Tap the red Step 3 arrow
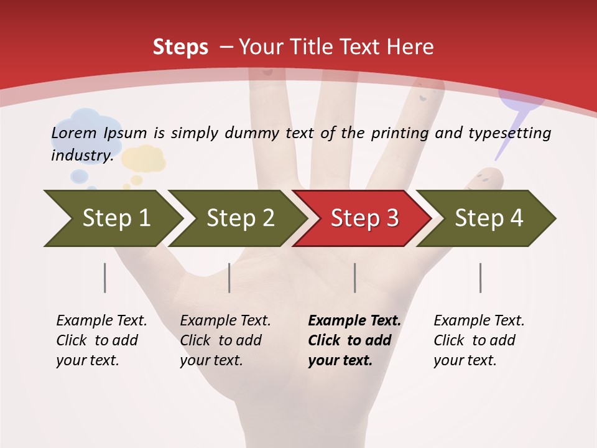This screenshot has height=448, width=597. [364, 218]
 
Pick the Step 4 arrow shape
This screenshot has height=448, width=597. [488, 218]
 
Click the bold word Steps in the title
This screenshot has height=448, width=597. [180, 47]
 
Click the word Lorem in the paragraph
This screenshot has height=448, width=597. [74, 133]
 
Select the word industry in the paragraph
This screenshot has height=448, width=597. [81, 155]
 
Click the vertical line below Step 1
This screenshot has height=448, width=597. [105, 278]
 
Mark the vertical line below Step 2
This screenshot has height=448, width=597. [229, 278]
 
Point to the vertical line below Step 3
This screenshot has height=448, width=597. [355, 278]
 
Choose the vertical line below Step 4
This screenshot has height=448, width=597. [481, 278]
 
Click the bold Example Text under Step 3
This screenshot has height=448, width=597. [354, 321]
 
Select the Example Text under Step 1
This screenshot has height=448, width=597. [101, 321]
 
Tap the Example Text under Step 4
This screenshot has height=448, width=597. [479, 321]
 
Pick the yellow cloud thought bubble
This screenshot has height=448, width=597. [144, 159]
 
